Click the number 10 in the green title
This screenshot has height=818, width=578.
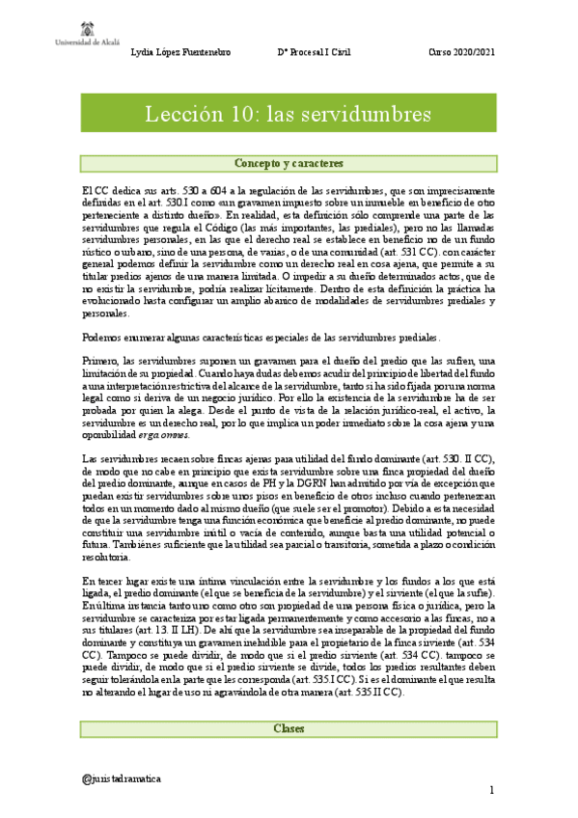[244, 114]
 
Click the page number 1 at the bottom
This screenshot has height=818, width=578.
[491, 791]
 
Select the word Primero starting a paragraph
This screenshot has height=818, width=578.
[101, 360]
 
